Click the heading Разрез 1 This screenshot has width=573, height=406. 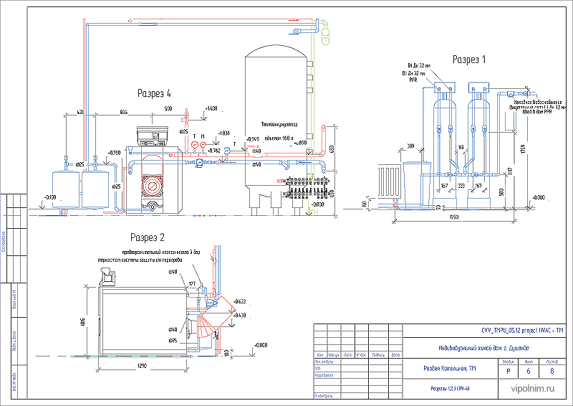(x=468, y=60)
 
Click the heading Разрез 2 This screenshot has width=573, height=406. (x=148, y=237)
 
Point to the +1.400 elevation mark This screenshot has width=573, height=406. (x=211, y=108)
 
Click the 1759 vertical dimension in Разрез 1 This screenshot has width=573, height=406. (x=523, y=149)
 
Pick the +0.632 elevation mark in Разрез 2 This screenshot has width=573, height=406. (x=238, y=302)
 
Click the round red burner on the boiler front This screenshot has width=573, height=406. (x=152, y=184)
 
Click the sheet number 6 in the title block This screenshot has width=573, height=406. (x=528, y=371)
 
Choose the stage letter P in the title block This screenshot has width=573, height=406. (x=508, y=371)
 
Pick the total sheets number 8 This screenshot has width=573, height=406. (x=551, y=371)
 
